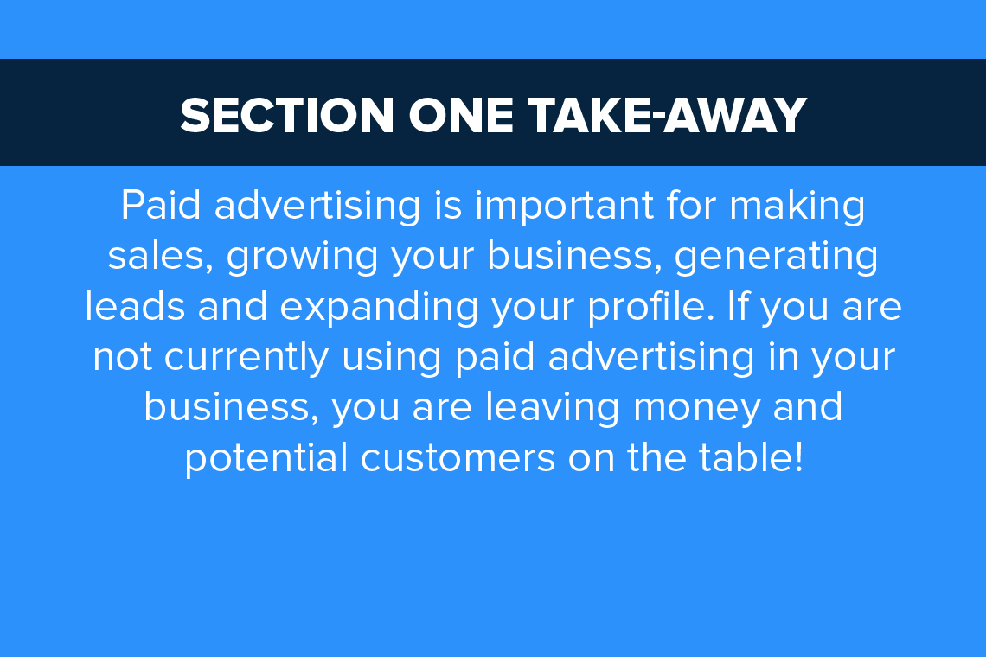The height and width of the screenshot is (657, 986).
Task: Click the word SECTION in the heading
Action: (x=287, y=116)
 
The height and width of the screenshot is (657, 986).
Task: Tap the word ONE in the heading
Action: (x=461, y=116)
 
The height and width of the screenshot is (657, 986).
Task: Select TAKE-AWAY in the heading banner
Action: (x=667, y=116)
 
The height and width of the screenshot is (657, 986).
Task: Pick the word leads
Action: (x=135, y=306)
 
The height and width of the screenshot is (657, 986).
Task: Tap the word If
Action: (x=739, y=306)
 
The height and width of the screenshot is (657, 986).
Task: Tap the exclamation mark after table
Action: (x=798, y=457)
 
